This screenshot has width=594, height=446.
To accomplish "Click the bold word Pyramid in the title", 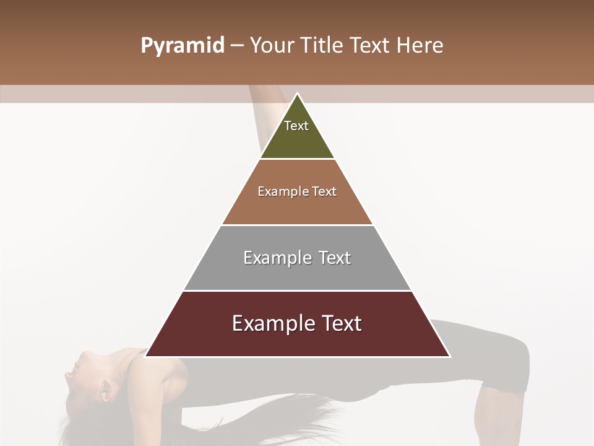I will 182,46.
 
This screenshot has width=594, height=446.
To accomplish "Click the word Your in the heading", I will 272,46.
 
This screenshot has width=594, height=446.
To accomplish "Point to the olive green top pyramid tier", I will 297,139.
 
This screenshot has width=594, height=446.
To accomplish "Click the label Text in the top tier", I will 296,126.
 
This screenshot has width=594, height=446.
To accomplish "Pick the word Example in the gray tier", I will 275,258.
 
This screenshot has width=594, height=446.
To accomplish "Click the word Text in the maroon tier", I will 340,323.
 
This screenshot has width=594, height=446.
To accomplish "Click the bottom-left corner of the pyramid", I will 145,356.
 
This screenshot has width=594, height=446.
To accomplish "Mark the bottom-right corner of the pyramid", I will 450,356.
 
